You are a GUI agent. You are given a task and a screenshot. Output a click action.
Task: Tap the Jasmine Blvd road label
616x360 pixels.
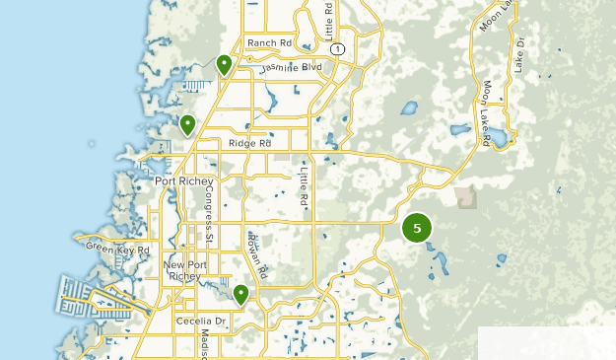292,68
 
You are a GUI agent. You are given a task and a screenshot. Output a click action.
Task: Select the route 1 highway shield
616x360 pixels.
337,48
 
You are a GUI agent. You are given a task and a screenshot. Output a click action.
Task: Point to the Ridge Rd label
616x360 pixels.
249,143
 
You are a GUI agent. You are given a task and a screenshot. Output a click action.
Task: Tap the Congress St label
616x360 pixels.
209,215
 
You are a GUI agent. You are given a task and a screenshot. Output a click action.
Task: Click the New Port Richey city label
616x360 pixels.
181,271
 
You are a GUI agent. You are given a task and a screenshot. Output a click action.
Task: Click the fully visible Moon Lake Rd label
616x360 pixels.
487,113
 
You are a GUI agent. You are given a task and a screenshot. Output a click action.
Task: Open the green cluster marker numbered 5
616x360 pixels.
417,228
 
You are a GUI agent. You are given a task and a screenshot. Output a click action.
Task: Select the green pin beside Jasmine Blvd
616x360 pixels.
224,65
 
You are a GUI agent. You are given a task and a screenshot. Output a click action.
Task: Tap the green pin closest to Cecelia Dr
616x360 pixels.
240,294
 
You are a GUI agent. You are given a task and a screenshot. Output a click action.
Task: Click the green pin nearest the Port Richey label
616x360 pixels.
187,125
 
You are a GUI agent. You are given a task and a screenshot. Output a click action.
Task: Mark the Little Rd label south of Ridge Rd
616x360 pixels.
304,187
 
